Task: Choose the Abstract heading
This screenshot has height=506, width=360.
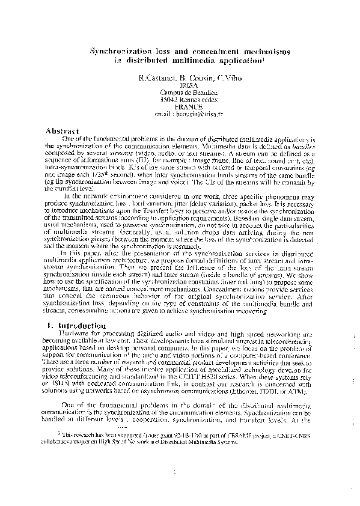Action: [x=63, y=130]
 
